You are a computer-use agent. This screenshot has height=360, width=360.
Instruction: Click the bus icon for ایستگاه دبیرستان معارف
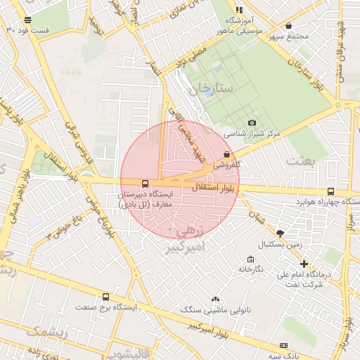pyautogui.click(x=146, y=184)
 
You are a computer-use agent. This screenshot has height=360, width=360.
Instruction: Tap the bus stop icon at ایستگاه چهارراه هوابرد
pyautogui.click(x=331, y=191)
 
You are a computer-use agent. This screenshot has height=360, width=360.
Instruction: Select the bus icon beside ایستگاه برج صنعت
pyautogui.click(x=105, y=297)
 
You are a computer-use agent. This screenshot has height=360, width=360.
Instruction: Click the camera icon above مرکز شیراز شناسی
pyautogui.click(x=252, y=123)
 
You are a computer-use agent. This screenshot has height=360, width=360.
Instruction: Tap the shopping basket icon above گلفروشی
pyautogui.click(x=226, y=154)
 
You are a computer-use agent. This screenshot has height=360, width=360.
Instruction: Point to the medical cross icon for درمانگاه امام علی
pyautogui.click(x=304, y=264)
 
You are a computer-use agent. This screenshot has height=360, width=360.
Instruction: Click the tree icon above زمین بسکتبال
pyautogui.click(x=281, y=233)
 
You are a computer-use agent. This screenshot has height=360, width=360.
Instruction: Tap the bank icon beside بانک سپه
pyautogui.click(x=283, y=346)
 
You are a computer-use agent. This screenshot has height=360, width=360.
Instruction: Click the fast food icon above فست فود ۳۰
pyautogui.click(x=27, y=20)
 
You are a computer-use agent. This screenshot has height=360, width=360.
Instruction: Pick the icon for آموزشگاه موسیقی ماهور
pyautogui.click(x=239, y=11)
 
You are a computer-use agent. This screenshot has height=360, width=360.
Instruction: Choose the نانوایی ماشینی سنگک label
pyautogui.click(x=210, y=309)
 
